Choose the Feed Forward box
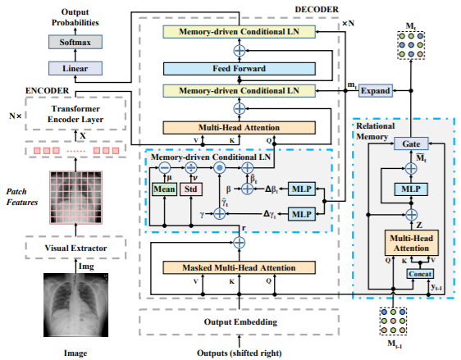click(x=239, y=69)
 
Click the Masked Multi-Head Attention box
click(x=239, y=268)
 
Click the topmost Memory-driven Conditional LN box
click(x=239, y=31)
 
